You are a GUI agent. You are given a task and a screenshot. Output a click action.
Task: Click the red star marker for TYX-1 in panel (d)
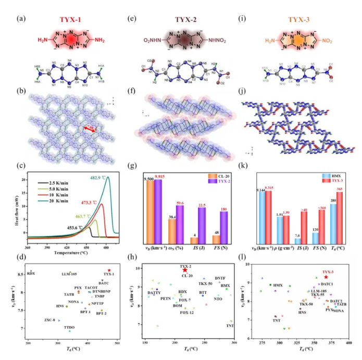tap(109, 270)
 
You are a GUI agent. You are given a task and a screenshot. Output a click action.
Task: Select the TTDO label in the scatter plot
tap(69, 327)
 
